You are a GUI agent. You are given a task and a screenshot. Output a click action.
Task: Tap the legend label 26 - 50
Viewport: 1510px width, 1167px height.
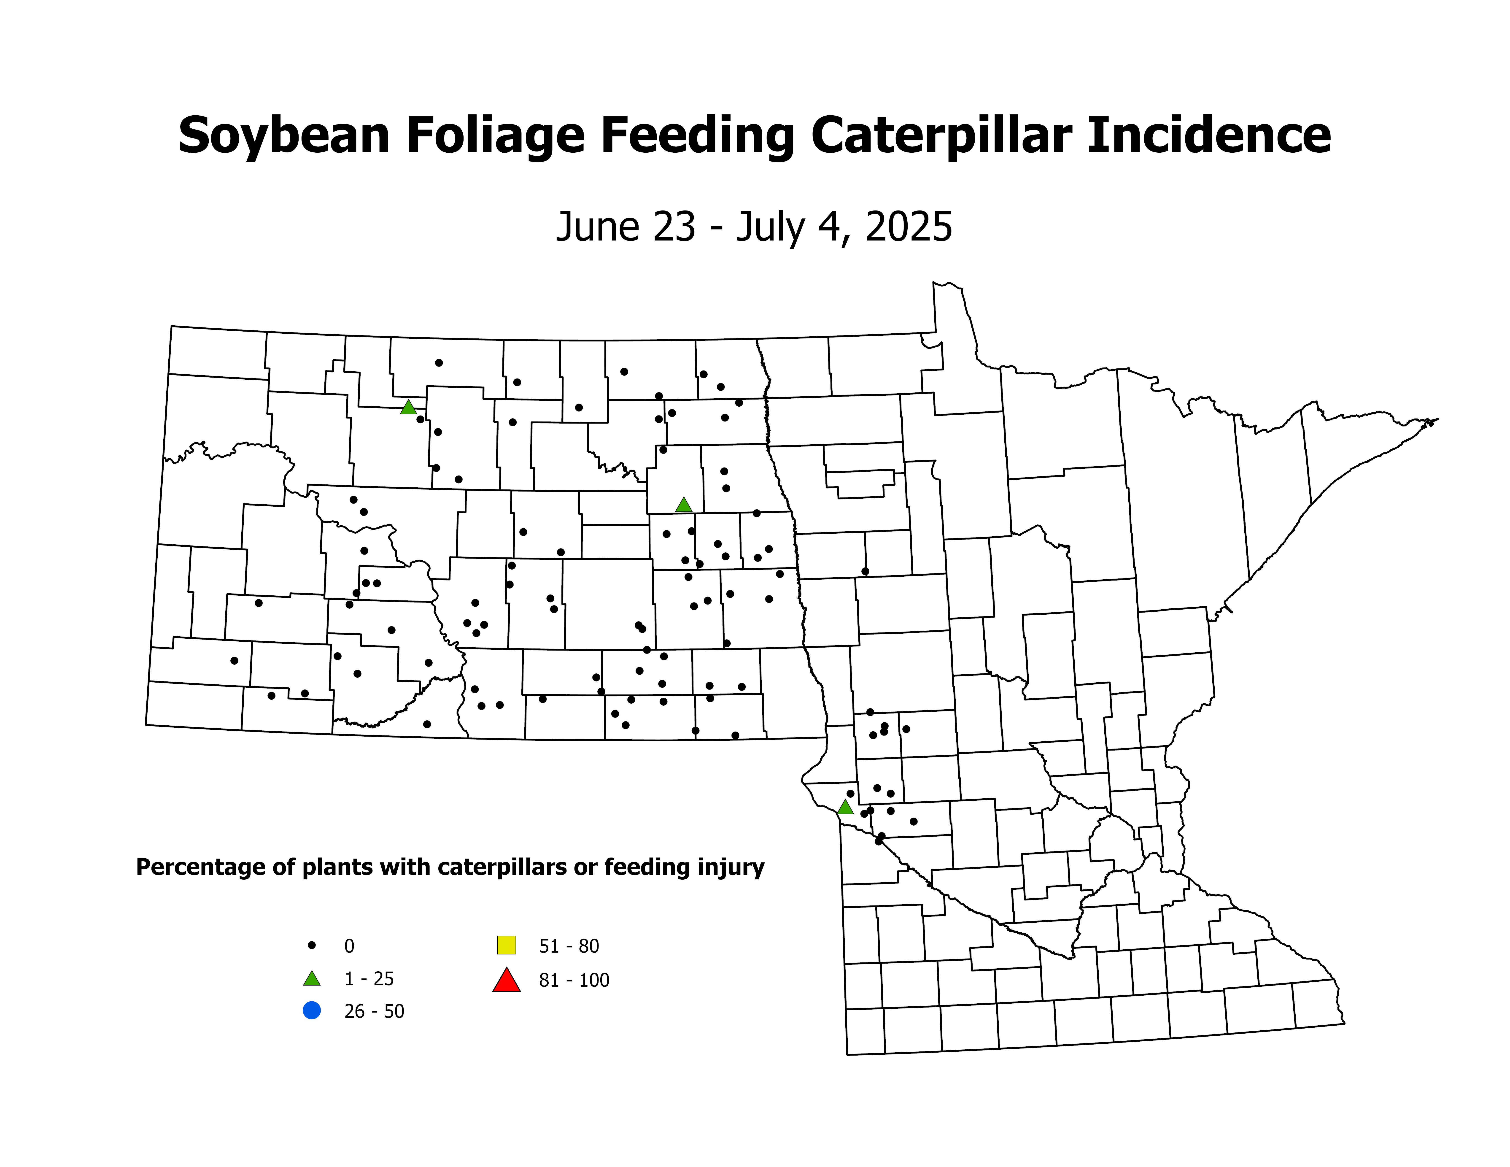pyautogui.click(x=374, y=1011)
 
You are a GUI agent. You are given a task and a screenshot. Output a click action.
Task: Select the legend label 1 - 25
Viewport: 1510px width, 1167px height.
pyautogui.click(x=369, y=979)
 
